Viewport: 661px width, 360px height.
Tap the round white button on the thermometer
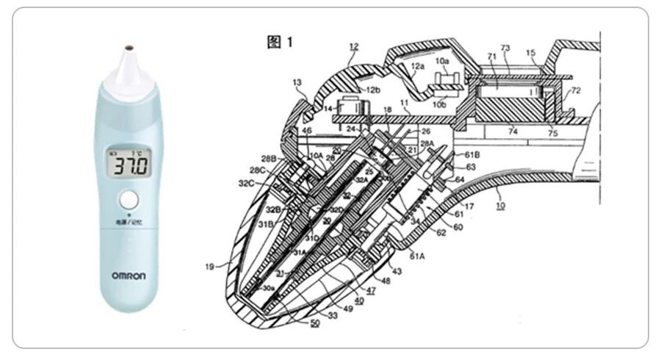[x=129, y=200]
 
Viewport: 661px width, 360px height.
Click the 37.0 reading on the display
[x=129, y=165]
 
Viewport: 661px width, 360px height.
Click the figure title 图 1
[x=279, y=43]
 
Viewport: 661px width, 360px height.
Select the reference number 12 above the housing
[x=354, y=46]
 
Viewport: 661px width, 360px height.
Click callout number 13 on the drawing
[x=297, y=83]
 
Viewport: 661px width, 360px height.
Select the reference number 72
[x=575, y=90]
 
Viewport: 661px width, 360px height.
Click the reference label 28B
[x=269, y=158]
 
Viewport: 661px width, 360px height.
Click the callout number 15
[x=532, y=53]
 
